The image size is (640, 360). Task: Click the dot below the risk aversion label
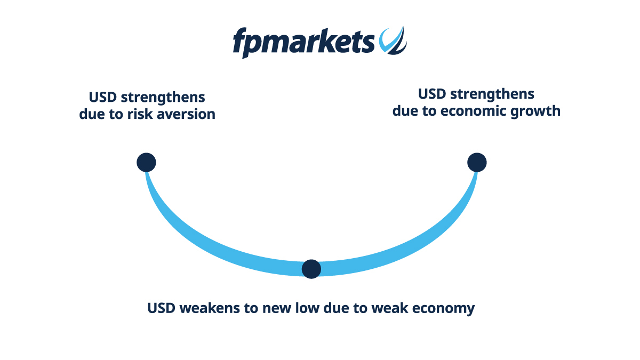click(146, 162)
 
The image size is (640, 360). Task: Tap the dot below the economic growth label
click(477, 162)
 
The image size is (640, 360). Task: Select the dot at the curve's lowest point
click(311, 269)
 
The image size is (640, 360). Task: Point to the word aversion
click(186, 115)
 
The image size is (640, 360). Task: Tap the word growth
click(535, 111)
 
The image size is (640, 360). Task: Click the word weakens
click(210, 308)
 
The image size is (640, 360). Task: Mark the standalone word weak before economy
click(390, 308)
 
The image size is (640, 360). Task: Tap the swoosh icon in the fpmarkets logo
click(393, 41)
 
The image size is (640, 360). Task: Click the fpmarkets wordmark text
click(303, 43)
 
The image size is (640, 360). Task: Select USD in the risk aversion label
click(103, 97)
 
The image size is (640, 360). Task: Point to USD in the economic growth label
click(432, 94)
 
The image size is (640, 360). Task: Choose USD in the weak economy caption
click(162, 308)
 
